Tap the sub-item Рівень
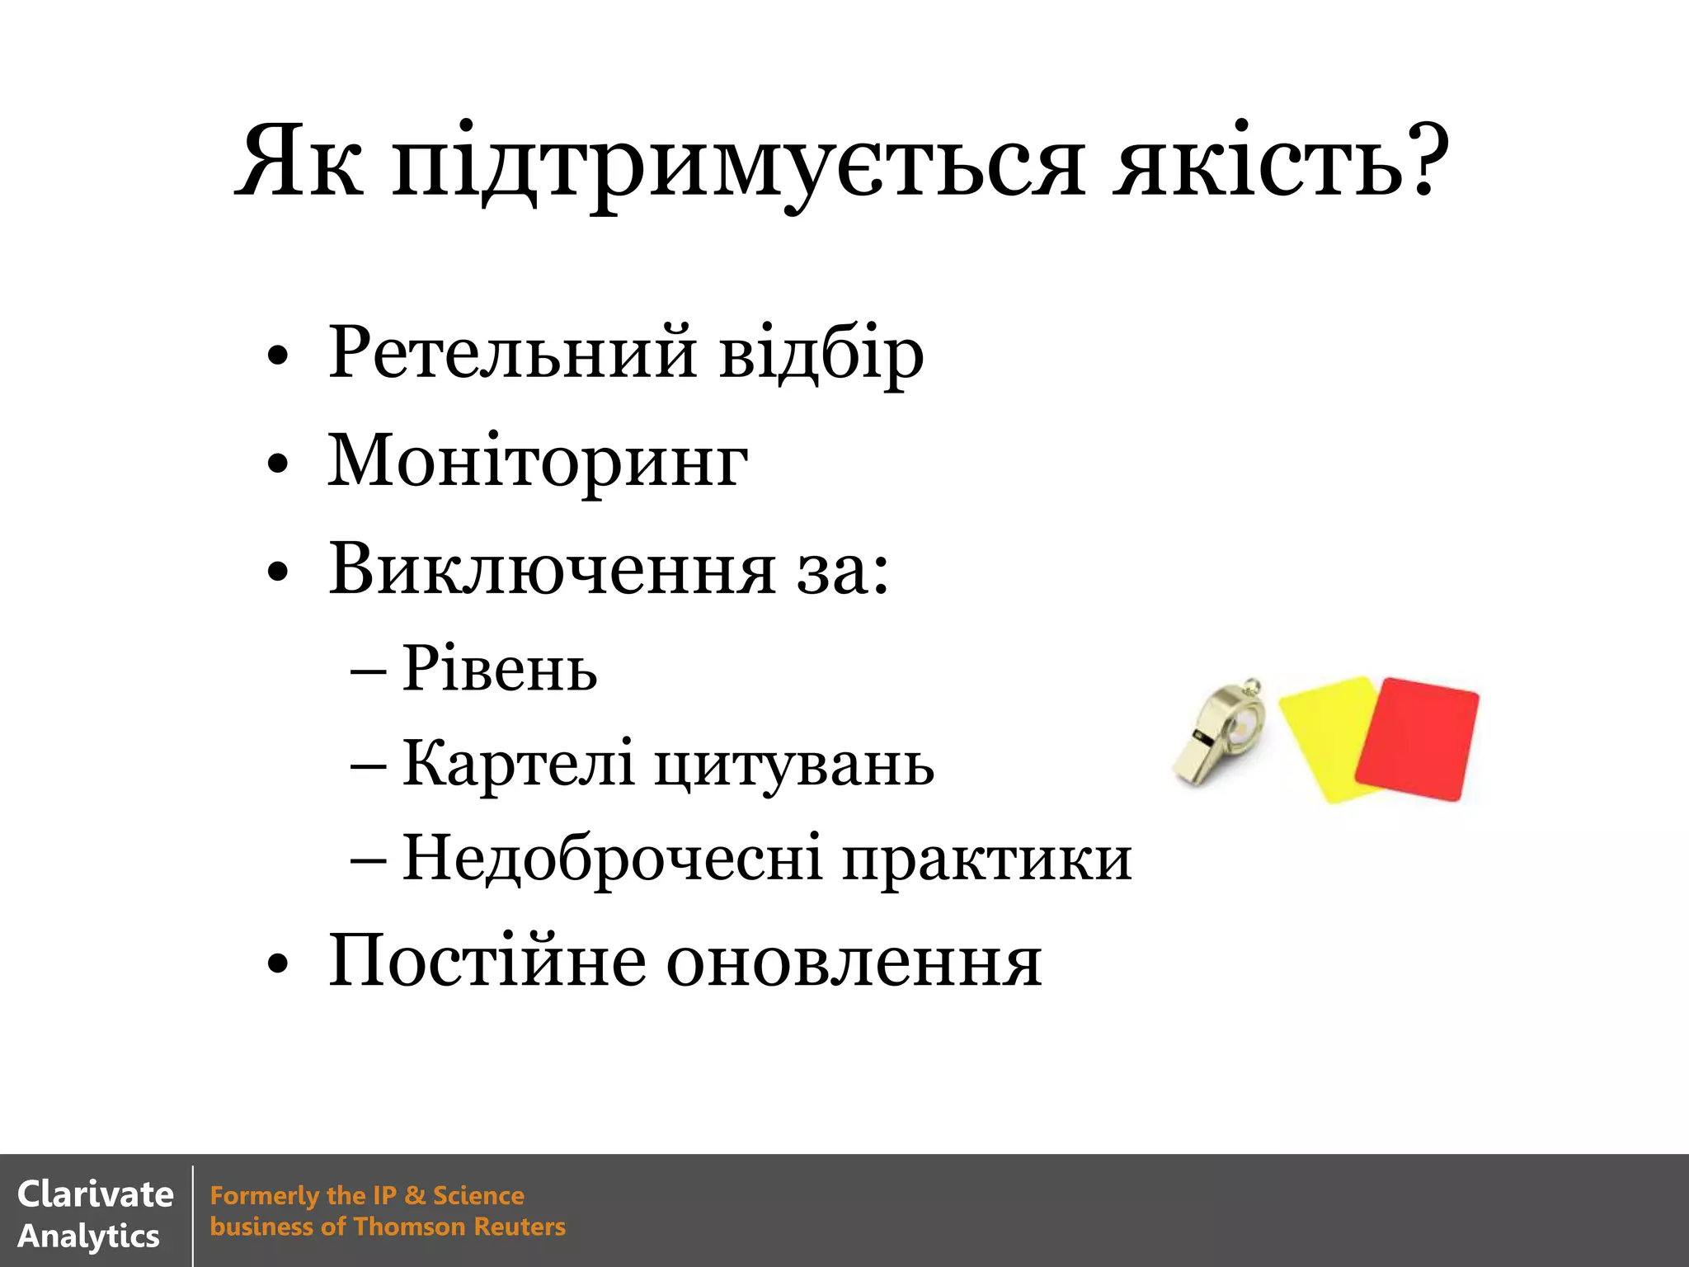tap(500, 668)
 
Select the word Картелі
tap(518, 763)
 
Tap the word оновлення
tap(854, 963)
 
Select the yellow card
tap(1324, 734)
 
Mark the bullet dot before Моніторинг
tap(278, 464)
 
